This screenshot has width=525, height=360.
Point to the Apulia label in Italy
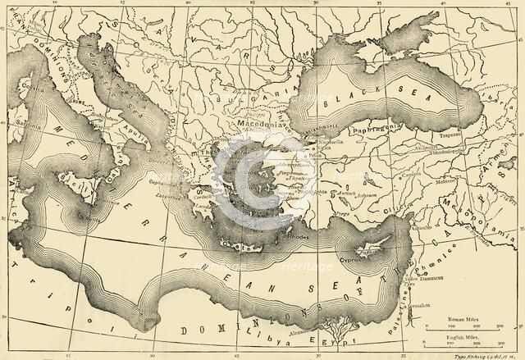click(x=129, y=130)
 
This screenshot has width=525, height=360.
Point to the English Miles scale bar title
click(x=460, y=335)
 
